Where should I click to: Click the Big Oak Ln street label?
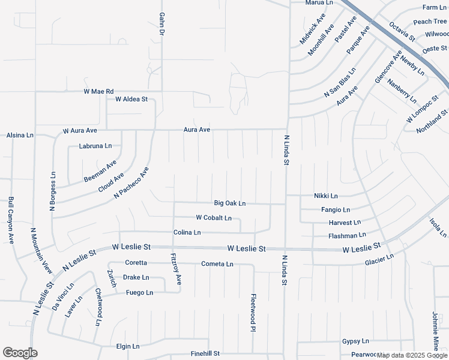[230, 203]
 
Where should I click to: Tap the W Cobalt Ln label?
[214, 218]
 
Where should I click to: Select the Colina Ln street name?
[187, 232]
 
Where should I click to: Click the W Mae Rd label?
[98, 92]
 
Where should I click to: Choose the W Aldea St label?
[131, 98]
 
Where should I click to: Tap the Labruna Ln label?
[95, 146]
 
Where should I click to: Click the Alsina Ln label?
[20, 136]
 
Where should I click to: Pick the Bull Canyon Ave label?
[11, 221]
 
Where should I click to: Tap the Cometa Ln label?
[217, 264]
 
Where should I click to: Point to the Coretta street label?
[136, 263]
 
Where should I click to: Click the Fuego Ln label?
[140, 293]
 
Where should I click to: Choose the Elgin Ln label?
[127, 346]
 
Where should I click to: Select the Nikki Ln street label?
[326, 196]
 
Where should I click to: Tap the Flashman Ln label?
[347, 236]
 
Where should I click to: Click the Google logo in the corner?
[20, 353]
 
